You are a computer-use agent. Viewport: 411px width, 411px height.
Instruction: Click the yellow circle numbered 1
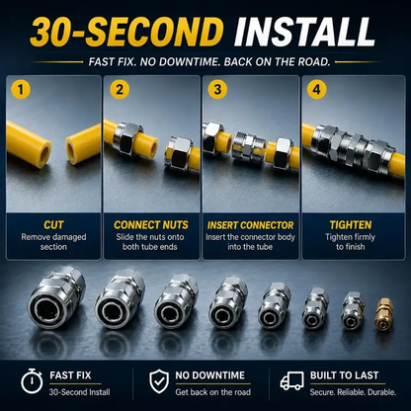click(21, 89)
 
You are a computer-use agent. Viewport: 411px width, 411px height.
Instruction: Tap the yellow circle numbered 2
click(120, 89)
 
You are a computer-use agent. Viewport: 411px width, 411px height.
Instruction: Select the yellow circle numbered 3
click(217, 89)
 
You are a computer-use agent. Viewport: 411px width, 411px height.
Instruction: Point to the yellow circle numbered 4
click(316, 89)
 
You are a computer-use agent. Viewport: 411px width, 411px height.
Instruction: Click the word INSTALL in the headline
click(305, 32)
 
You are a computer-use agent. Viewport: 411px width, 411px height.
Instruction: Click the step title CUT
click(53, 225)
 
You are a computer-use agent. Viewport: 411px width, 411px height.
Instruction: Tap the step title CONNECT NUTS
click(151, 225)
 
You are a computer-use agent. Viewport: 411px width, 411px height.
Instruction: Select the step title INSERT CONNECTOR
click(250, 225)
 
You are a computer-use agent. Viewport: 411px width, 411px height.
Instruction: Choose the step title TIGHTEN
click(351, 225)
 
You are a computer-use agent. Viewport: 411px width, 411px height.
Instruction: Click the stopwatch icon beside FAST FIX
click(32, 381)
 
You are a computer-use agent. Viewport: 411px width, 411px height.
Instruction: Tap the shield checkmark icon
click(159, 381)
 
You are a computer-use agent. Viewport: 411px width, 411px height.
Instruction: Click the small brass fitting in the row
click(384, 314)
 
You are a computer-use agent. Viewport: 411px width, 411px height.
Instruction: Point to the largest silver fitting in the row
click(56, 297)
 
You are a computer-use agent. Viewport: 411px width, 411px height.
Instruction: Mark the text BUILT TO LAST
click(344, 375)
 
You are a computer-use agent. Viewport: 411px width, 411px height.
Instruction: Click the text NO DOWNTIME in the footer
click(209, 375)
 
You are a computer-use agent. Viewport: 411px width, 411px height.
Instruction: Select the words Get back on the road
click(212, 392)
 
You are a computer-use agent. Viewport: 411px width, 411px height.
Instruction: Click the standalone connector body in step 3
click(248, 146)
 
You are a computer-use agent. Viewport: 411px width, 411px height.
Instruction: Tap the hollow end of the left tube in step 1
click(44, 152)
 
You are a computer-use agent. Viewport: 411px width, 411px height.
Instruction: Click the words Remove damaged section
click(53, 242)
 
